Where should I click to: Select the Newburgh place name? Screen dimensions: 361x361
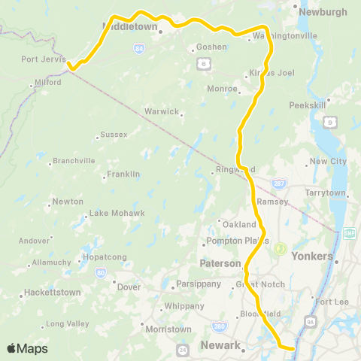[x=323, y=13]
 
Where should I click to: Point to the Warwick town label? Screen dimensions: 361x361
[x=162, y=111]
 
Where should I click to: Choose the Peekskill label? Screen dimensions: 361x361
[x=307, y=105]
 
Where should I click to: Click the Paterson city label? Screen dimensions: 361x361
[x=219, y=264]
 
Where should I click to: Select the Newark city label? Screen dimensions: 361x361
[x=221, y=346]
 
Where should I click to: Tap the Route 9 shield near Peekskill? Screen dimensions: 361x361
[x=329, y=121]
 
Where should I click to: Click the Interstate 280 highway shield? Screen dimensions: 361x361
[x=218, y=326]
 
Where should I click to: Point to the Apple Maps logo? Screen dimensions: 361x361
[x=27, y=348]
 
